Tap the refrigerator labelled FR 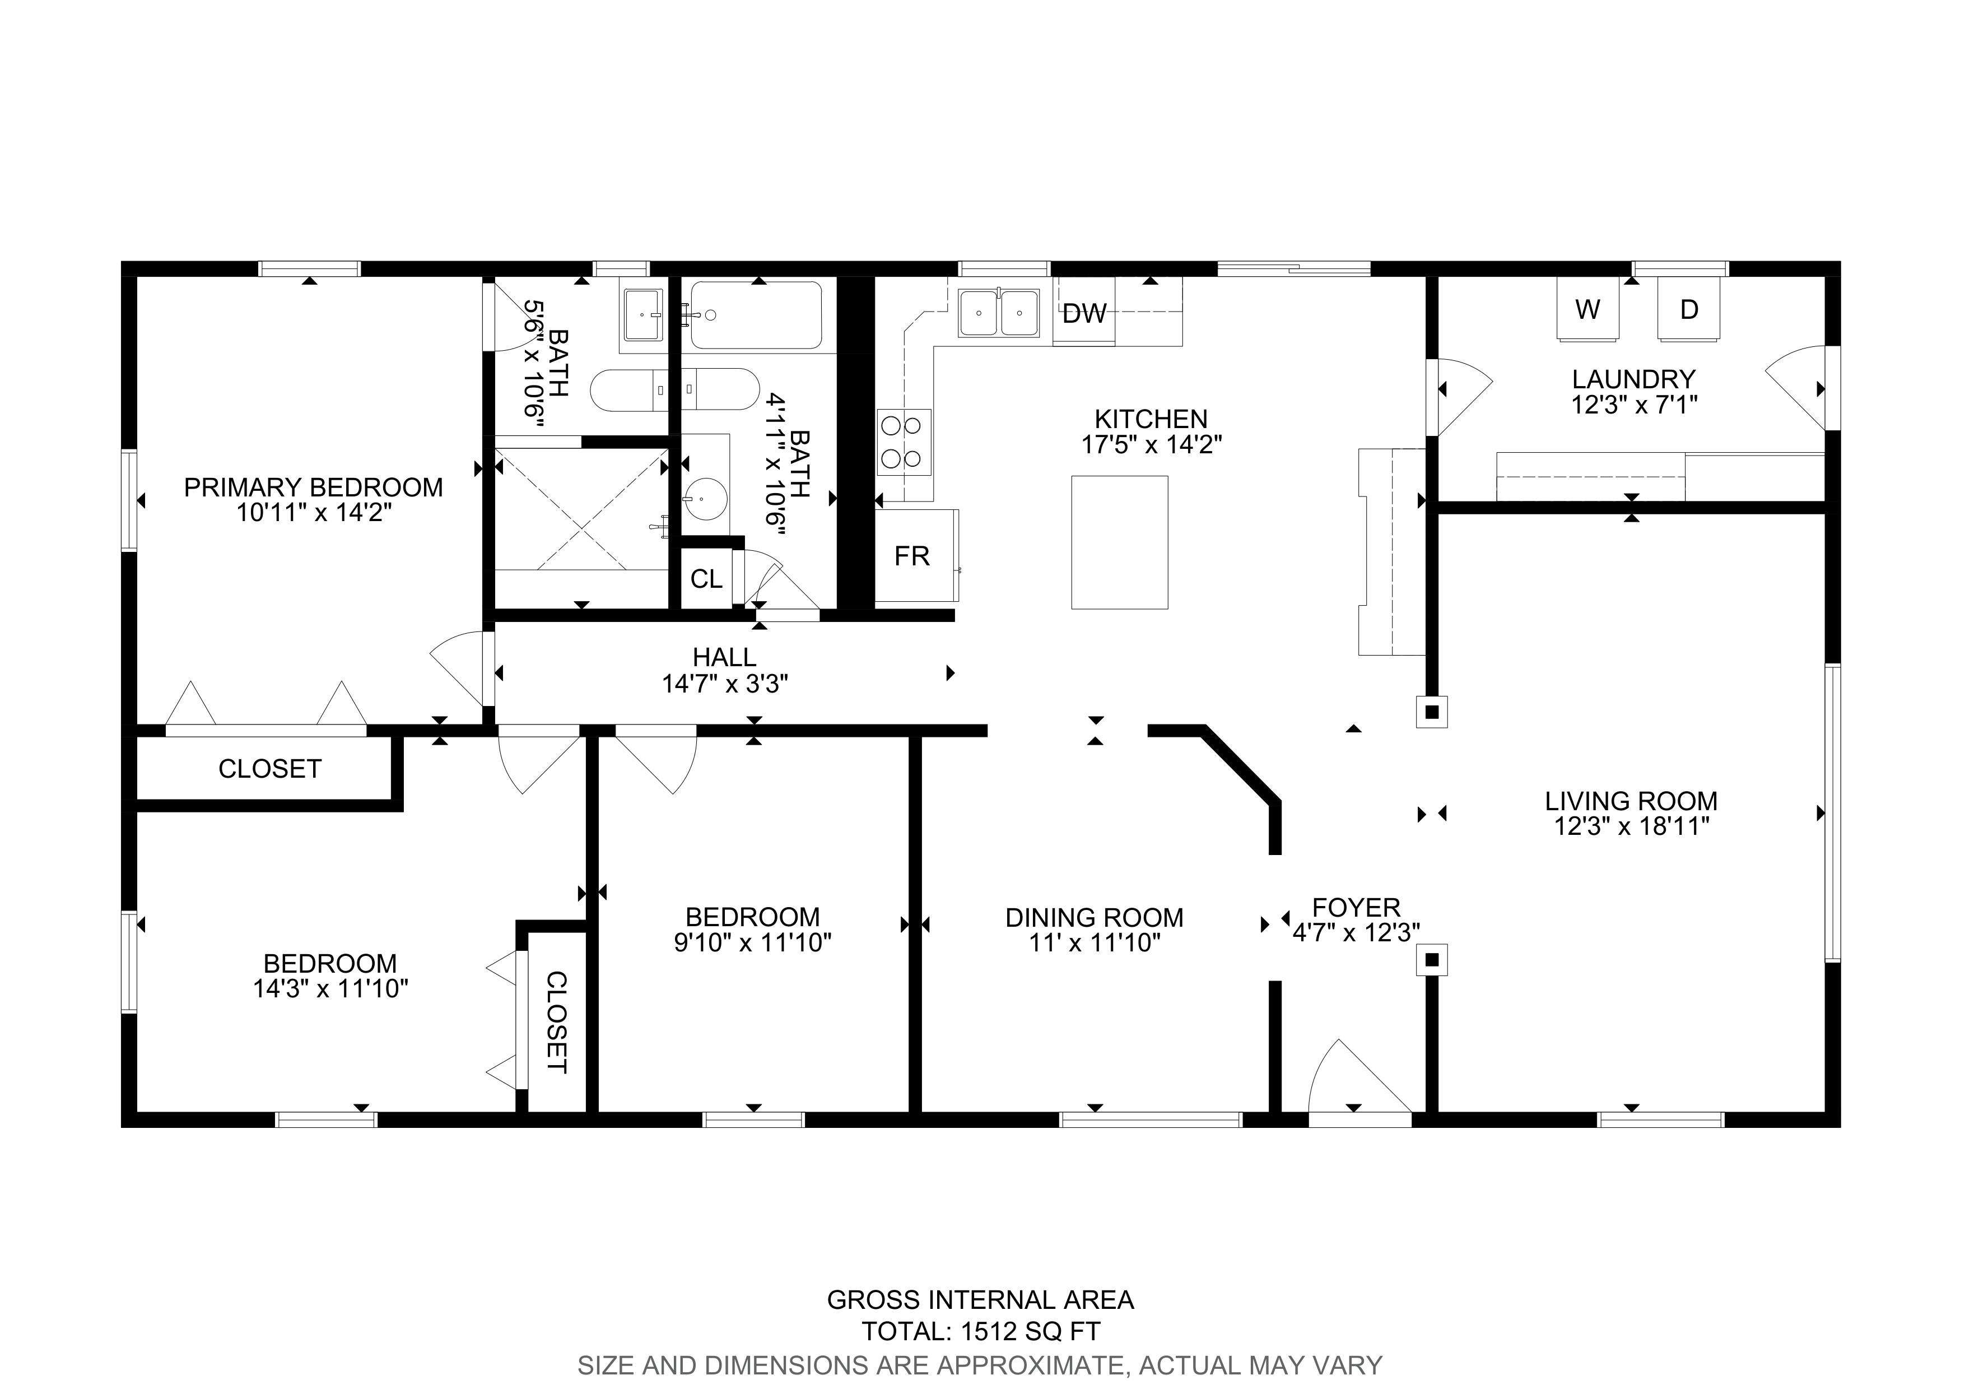pyautogui.click(x=916, y=555)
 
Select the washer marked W pyautogui.click(x=1587, y=309)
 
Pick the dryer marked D pyautogui.click(x=1688, y=309)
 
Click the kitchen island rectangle pyautogui.click(x=1119, y=542)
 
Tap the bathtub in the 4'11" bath pyautogui.click(x=757, y=315)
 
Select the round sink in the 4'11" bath pyautogui.click(x=705, y=495)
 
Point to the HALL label pyautogui.click(x=724, y=657)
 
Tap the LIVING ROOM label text pyautogui.click(x=1631, y=801)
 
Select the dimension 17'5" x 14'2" pyautogui.click(x=1151, y=444)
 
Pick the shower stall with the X pyautogui.click(x=582, y=510)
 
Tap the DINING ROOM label pyautogui.click(x=1095, y=917)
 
